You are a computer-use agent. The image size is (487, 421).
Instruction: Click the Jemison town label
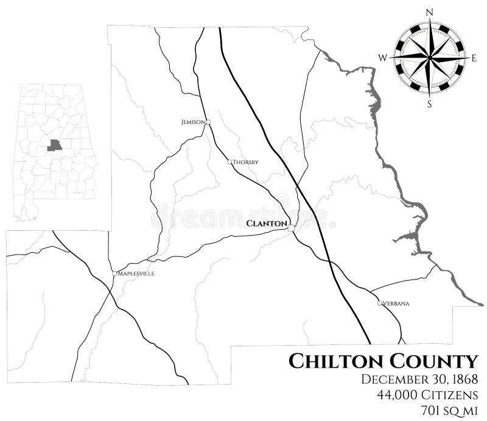click(192, 122)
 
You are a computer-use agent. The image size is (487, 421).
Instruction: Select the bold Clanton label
click(266, 224)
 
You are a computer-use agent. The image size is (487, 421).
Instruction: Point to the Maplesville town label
click(136, 273)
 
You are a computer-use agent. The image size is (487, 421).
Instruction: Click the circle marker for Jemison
click(208, 122)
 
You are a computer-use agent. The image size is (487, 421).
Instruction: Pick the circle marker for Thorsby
click(229, 162)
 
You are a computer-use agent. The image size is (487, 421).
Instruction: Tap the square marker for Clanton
click(291, 227)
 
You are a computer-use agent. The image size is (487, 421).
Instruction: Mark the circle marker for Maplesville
click(114, 273)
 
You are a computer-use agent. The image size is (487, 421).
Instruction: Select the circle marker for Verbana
click(380, 303)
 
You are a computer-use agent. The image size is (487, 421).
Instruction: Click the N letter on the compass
click(430, 12)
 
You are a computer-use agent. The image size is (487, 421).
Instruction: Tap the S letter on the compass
click(430, 104)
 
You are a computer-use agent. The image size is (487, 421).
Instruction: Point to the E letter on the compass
click(474, 58)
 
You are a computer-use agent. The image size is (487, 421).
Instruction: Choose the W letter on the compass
click(383, 58)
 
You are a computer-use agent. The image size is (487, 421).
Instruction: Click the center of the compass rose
click(430, 58)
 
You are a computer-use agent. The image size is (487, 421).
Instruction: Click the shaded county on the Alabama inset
click(55, 145)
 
